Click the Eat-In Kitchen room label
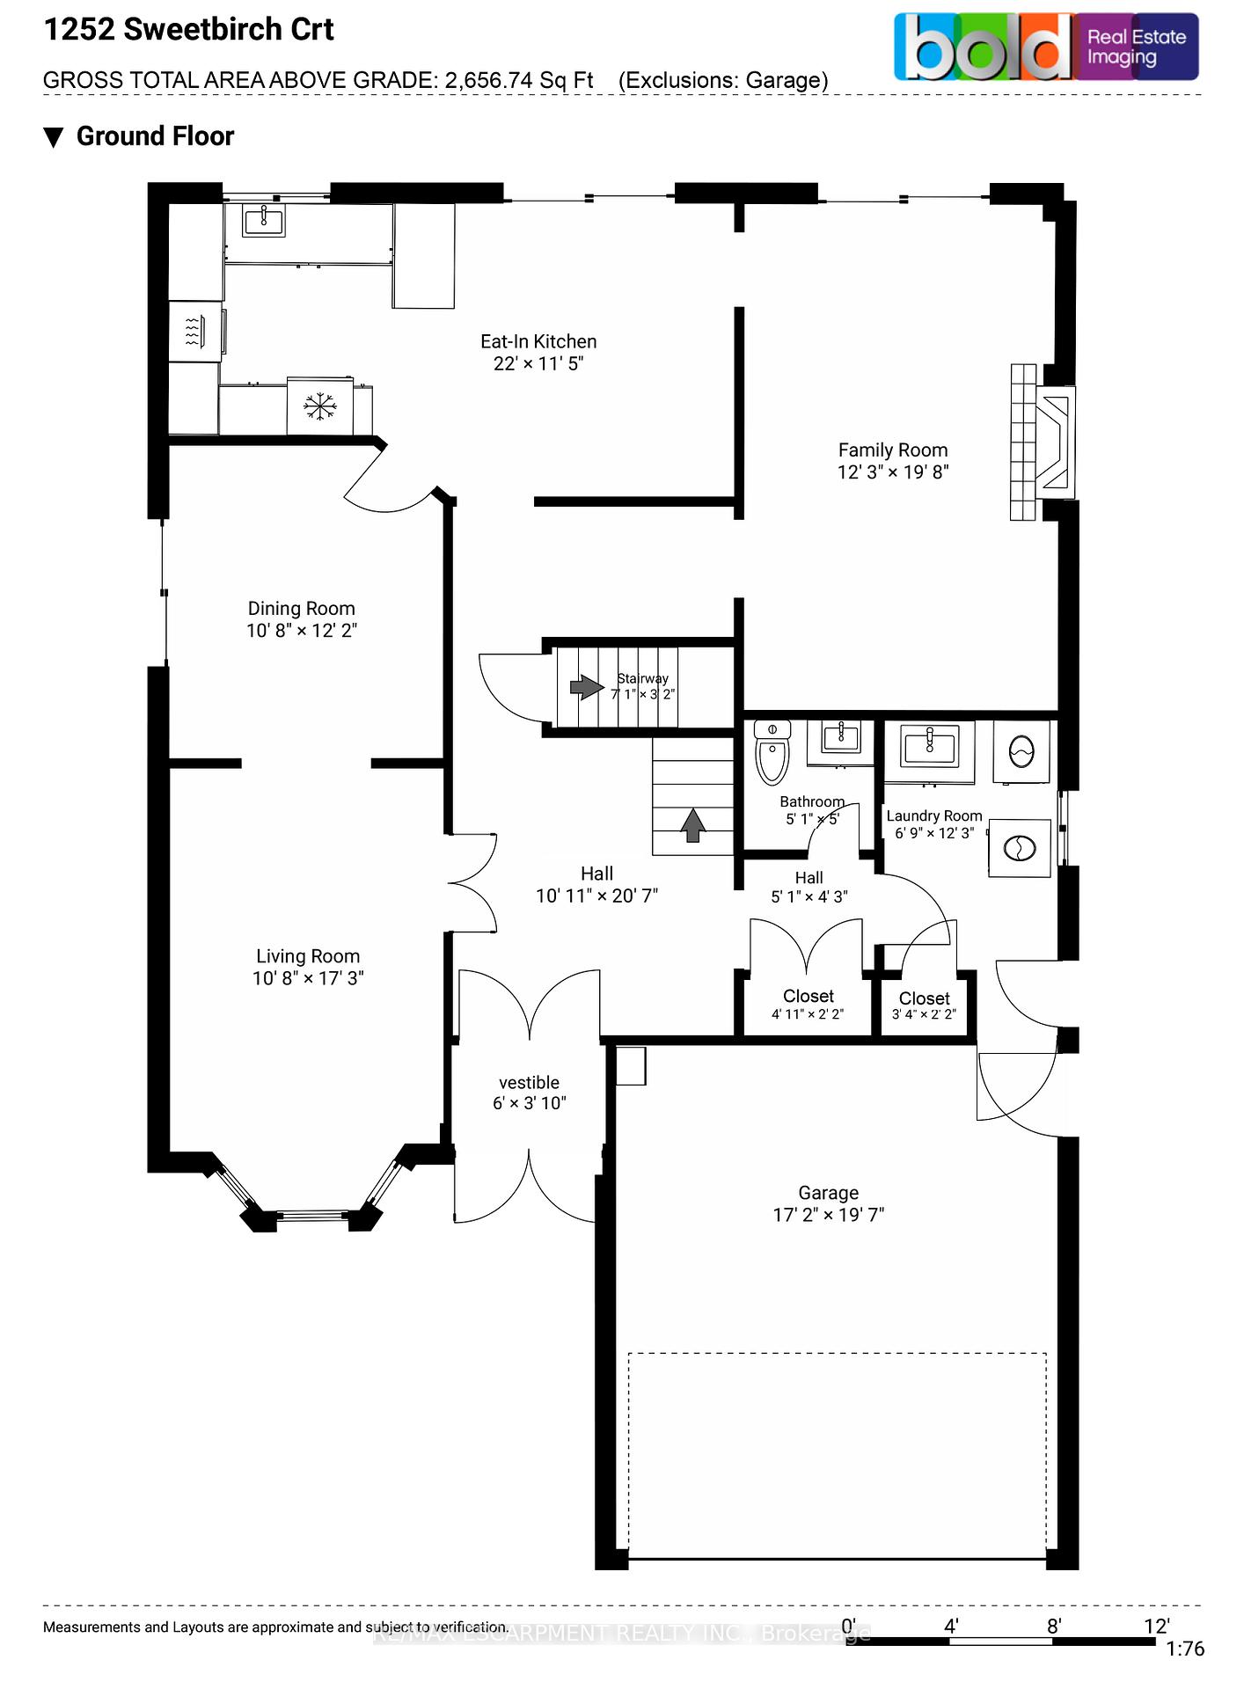point(538,341)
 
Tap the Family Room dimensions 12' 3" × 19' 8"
point(892,472)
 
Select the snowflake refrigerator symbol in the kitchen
point(320,406)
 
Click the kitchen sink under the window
point(263,220)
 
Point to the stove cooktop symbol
point(195,331)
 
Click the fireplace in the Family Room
point(1053,442)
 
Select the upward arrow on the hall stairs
point(693,825)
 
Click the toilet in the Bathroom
point(772,753)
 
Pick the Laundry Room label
point(933,816)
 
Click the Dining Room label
point(301,609)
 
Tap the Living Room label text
point(307,956)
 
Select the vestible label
point(529,1083)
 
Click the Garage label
point(828,1193)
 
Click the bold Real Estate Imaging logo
point(1046,48)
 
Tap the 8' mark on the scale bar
point(1053,1627)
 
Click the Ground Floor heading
point(155,136)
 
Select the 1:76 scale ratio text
point(1184,1649)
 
